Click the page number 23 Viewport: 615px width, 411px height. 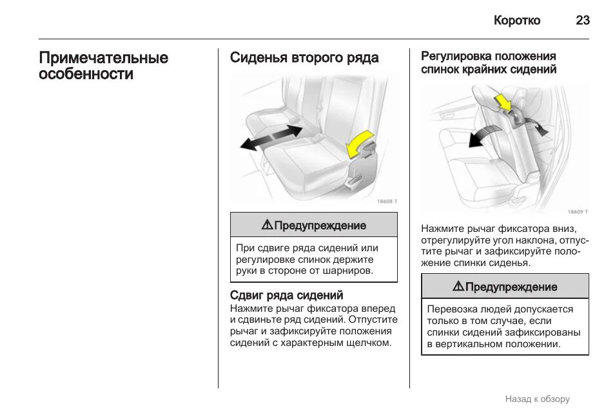[582, 20]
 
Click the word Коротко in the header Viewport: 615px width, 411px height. [517, 20]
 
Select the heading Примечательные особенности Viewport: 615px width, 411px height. [103, 66]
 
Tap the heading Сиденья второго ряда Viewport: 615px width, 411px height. [304, 58]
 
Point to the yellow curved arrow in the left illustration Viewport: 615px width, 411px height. [358, 143]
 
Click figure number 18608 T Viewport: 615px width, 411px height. [387, 202]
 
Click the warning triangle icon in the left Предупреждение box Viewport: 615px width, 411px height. [267, 225]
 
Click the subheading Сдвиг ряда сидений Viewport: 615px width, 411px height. [286, 295]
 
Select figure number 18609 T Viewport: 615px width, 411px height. [578, 211]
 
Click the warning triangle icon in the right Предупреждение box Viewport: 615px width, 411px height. [458, 286]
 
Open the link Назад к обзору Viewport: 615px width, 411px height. [538, 399]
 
